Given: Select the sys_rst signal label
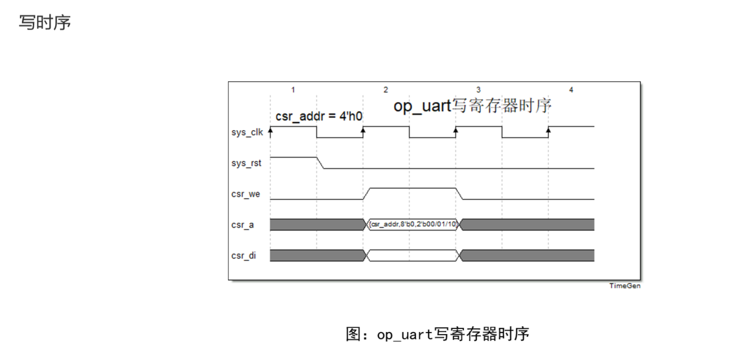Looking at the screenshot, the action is point(246,163).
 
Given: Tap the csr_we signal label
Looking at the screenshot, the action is point(246,194).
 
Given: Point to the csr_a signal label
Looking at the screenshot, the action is point(244,225).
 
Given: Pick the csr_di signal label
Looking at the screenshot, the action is point(244,256).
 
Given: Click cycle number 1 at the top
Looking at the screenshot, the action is point(293,90).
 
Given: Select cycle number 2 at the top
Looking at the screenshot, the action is point(386,90).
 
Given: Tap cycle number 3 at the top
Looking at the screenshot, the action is point(478,90).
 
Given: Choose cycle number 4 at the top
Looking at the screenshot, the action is point(571,90).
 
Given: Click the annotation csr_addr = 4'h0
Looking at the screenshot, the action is point(319,117).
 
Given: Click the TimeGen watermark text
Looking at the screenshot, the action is point(625,286).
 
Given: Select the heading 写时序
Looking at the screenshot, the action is point(45,22).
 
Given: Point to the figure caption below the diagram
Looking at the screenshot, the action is point(437,333).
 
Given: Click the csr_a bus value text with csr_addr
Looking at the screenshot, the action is point(412,225).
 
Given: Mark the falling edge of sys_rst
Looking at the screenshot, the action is point(321,162).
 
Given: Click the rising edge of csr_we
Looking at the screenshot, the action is point(367,194).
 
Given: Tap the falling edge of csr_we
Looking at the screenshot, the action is point(459,194).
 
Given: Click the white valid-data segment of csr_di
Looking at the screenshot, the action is point(412,255).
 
